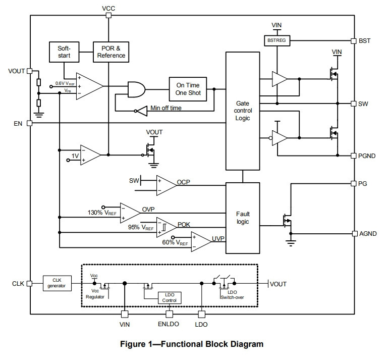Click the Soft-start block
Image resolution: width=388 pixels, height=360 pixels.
(x=64, y=52)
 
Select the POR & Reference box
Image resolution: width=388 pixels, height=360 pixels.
(x=111, y=52)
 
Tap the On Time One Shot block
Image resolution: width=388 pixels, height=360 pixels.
(x=188, y=89)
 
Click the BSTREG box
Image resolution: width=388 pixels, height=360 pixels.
(x=277, y=40)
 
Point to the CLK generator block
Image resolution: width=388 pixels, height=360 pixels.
(x=57, y=283)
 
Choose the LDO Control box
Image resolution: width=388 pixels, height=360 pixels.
(x=170, y=298)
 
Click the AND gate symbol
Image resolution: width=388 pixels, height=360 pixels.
(x=136, y=89)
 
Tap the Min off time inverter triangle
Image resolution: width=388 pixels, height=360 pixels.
(x=142, y=111)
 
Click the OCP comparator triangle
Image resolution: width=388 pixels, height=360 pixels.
(x=167, y=185)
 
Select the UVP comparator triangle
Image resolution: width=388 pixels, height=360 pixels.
(x=201, y=242)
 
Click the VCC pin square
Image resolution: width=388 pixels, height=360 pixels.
(x=108, y=15)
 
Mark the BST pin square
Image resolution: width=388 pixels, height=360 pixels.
(x=354, y=41)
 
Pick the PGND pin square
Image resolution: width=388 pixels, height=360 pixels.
(x=354, y=156)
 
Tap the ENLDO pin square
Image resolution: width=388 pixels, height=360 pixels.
(x=169, y=314)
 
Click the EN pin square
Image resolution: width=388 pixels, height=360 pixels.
(x=29, y=123)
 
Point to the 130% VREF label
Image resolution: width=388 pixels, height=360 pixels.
(x=102, y=213)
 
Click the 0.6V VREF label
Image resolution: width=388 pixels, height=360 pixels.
(x=65, y=83)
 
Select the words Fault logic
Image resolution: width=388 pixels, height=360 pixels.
(x=243, y=218)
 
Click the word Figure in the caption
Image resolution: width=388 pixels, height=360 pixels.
(x=133, y=344)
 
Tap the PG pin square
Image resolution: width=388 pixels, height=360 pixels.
(x=354, y=183)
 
